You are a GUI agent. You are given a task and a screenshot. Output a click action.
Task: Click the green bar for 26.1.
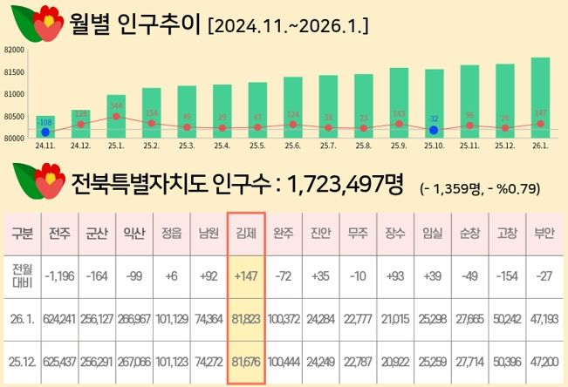(540, 96)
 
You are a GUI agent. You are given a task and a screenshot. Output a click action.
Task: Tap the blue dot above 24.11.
(45, 132)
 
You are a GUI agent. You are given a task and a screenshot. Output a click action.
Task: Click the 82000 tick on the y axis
(13, 50)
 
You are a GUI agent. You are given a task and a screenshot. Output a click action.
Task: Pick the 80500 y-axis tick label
(13, 116)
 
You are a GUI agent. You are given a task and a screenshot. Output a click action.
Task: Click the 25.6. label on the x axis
(292, 148)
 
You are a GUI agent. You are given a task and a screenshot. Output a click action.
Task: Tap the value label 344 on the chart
(116, 105)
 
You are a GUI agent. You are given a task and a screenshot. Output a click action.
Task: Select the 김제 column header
(245, 234)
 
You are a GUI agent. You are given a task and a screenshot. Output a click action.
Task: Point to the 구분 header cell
(22, 234)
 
